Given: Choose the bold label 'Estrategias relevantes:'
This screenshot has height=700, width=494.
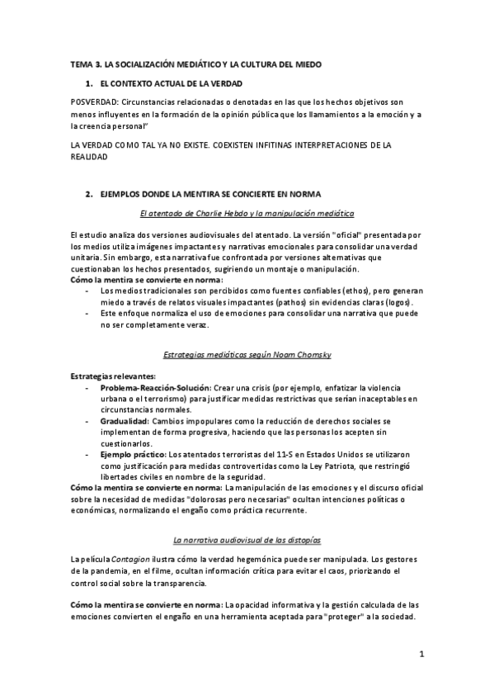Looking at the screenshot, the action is coord(106,376).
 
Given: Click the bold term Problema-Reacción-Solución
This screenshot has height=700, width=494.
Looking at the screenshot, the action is coord(154,387).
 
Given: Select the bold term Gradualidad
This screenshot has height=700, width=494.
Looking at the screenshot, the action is coord(125,420).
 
